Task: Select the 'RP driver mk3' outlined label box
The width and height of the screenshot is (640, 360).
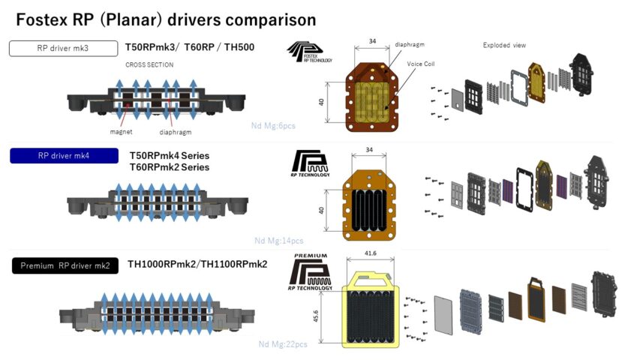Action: [x=63, y=48]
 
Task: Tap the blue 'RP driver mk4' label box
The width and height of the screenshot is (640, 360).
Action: [x=63, y=156]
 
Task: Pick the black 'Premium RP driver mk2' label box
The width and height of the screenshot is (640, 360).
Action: [x=65, y=265]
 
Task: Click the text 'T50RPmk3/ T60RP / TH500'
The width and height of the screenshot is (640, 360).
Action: [x=191, y=48]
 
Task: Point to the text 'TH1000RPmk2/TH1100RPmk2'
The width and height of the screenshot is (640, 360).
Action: [x=197, y=264]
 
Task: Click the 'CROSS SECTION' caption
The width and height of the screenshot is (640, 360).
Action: [x=149, y=65]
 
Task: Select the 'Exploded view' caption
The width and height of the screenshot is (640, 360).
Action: [x=504, y=45]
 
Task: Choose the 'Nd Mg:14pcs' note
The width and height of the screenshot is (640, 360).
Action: [x=279, y=241]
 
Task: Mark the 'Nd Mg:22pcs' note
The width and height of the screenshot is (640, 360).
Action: [x=283, y=344]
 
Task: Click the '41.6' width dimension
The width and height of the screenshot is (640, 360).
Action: [x=371, y=254]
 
